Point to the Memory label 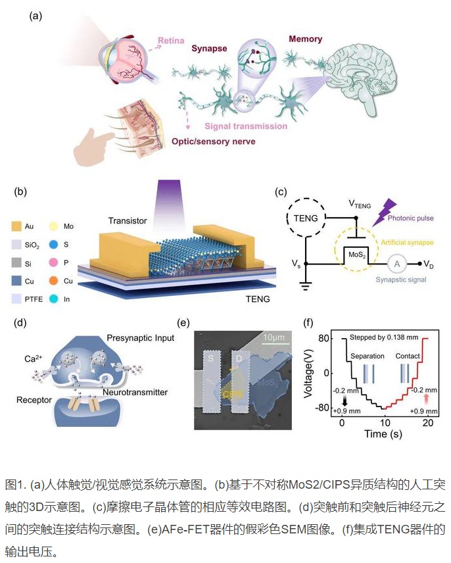(306, 39)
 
